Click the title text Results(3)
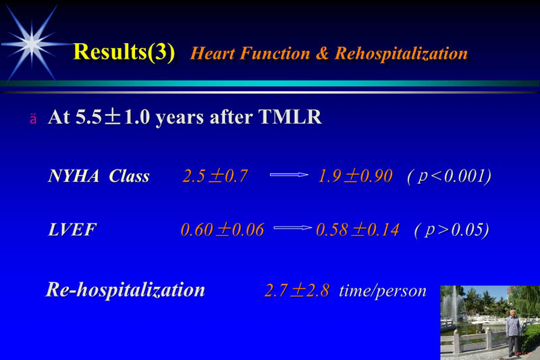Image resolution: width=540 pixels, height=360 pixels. point(124,51)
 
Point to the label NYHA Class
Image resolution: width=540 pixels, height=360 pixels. point(99,177)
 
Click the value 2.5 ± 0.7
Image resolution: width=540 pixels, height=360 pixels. point(215,177)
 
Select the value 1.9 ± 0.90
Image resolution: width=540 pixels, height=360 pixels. point(354,177)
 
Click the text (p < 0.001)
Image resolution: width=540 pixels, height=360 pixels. point(449,177)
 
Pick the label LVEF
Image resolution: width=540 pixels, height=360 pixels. point(72,230)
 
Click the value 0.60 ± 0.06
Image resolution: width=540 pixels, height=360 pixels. point(221,230)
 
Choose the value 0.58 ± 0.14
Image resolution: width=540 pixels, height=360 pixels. point(357,230)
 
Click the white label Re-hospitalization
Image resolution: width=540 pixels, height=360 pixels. point(125,290)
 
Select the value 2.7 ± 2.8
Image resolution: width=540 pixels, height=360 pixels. point(296,291)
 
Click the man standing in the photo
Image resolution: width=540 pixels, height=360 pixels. point(514,331)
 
